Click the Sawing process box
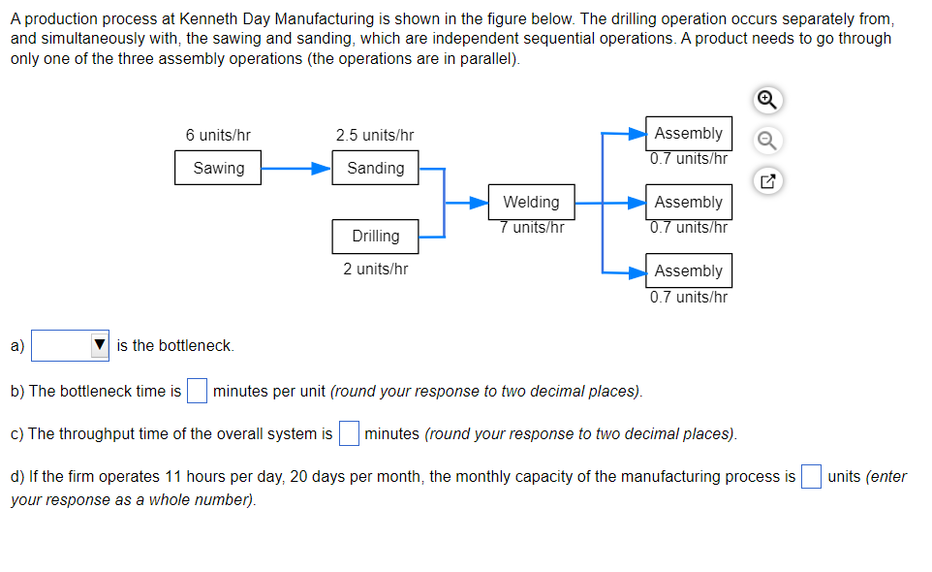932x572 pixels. pyautogui.click(x=219, y=168)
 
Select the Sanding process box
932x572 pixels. pyautogui.click(x=375, y=168)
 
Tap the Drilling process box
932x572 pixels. pyautogui.click(x=375, y=236)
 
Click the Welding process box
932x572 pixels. pyautogui.click(x=531, y=202)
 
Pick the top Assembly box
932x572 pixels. pyautogui.click(x=688, y=133)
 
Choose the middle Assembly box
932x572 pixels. pyautogui.click(x=688, y=202)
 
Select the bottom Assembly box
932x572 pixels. pyautogui.click(x=688, y=270)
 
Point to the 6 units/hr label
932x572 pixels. pyautogui.click(x=218, y=136)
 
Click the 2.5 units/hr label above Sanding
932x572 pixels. pyautogui.click(x=375, y=136)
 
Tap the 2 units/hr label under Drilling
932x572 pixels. pyautogui.click(x=375, y=269)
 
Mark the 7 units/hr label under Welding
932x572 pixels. pyautogui.click(x=532, y=227)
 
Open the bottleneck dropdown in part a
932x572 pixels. pyautogui.click(x=72, y=345)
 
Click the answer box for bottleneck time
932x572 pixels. pyautogui.click(x=197, y=392)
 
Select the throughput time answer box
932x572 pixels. pyautogui.click(x=349, y=433)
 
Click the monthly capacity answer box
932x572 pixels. pyautogui.click(x=812, y=476)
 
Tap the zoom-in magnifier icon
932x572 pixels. pyautogui.click(x=766, y=100)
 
